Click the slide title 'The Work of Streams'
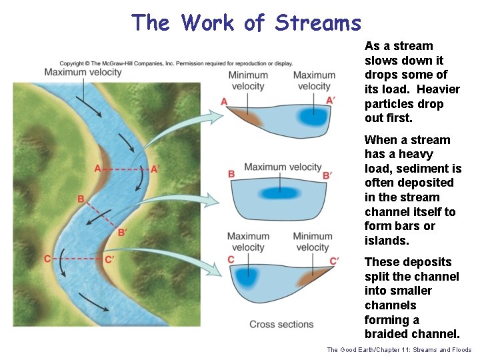coord(246,23)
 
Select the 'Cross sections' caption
coord(281,324)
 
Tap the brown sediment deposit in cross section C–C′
coord(313,277)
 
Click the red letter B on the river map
coord(81,199)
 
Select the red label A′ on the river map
coord(155,169)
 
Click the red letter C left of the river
coord(48,259)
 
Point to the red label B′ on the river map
coord(122,233)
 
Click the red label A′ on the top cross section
coord(329,100)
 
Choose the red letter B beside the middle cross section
coord(231,174)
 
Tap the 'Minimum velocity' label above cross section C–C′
coord(313,241)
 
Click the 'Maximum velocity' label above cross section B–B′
coord(283,167)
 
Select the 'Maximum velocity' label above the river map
coord(83,72)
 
